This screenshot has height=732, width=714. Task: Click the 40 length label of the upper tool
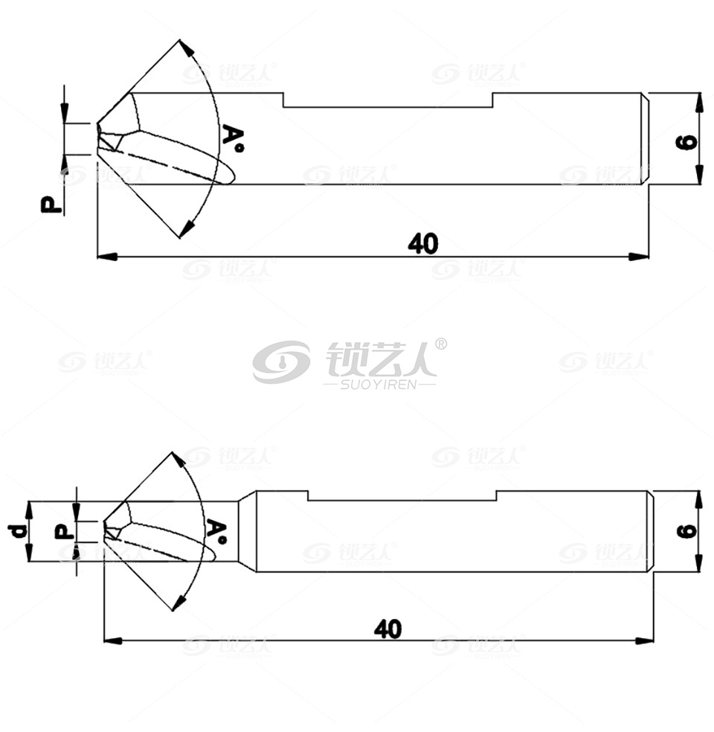[423, 244]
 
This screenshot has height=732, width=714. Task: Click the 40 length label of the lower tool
[387, 629]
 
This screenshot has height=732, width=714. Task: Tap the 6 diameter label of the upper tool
[686, 141]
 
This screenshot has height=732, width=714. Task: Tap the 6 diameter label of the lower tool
[686, 531]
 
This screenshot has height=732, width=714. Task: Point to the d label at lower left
[18, 531]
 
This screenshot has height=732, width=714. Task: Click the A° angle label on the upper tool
[233, 138]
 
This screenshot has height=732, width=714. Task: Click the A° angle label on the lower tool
[217, 531]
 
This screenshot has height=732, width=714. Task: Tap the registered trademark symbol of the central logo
[440, 344]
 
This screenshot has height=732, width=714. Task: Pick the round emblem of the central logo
[281, 362]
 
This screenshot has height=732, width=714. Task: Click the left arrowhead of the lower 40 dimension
[113, 640]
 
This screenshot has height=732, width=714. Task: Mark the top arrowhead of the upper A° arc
[187, 48]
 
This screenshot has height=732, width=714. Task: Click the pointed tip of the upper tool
[97, 123]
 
